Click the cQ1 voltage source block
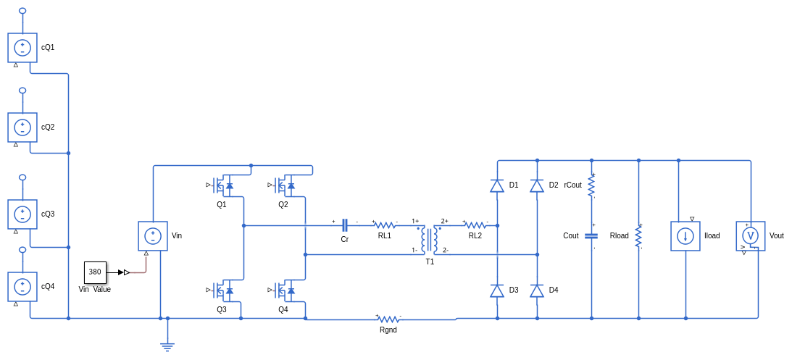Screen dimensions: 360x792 click(22, 48)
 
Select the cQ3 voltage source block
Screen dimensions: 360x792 click(22, 214)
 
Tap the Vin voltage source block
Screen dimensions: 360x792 click(153, 236)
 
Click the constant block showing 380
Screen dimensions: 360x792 click(95, 272)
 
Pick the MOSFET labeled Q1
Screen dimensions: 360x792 click(222, 186)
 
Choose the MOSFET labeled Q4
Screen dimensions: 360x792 click(284, 290)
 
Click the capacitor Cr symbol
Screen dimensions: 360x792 click(345, 225)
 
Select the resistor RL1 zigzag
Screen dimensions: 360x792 click(385, 225)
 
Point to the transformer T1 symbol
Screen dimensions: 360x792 click(430, 239)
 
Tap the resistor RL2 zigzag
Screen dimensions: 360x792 click(475, 225)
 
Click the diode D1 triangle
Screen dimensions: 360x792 click(497, 186)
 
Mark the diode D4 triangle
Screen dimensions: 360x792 click(537, 290)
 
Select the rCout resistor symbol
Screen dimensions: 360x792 click(591, 186)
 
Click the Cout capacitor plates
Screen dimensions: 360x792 click(591, 236)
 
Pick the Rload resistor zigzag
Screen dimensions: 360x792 click(638, 236)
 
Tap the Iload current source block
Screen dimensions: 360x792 click(685, 236)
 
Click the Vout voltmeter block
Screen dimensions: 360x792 click(751, 236)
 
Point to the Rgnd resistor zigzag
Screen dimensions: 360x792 click(388, 319)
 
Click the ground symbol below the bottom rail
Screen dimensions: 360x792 click(167, 347)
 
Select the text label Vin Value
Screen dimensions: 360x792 click(95, 290)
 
